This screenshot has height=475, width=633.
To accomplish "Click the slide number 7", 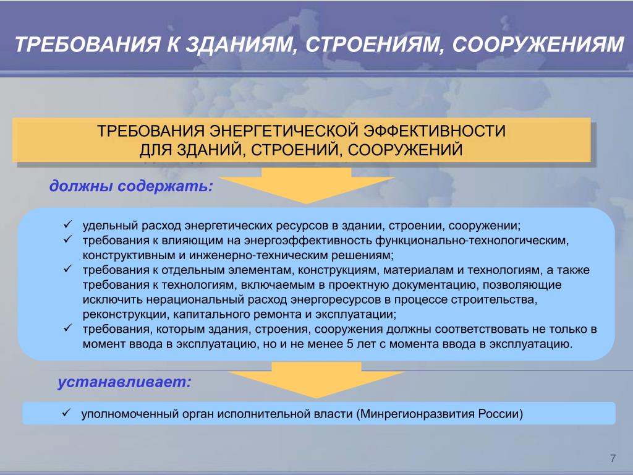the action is coord(613,458).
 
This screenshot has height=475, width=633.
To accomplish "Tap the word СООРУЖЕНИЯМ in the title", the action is coord(538,45).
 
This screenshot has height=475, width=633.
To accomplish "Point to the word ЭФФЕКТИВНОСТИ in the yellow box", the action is coord(435,131).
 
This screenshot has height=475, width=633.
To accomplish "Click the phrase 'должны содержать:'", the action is coord(131,186).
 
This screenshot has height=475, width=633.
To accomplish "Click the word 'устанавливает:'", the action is coord(124,382).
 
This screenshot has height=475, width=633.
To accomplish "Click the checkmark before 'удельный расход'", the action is coord(67,224).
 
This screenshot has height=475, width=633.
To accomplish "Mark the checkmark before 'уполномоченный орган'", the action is coord(66,413).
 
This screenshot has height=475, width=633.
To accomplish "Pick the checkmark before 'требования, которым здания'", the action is coord(67,328).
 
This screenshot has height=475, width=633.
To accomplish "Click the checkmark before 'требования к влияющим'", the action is coord(67,239).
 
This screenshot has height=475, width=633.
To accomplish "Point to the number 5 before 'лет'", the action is coord(350,344).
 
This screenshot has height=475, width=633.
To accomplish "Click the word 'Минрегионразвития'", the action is coord(417,414).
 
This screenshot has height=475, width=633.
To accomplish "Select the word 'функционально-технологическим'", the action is coord(472,241).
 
